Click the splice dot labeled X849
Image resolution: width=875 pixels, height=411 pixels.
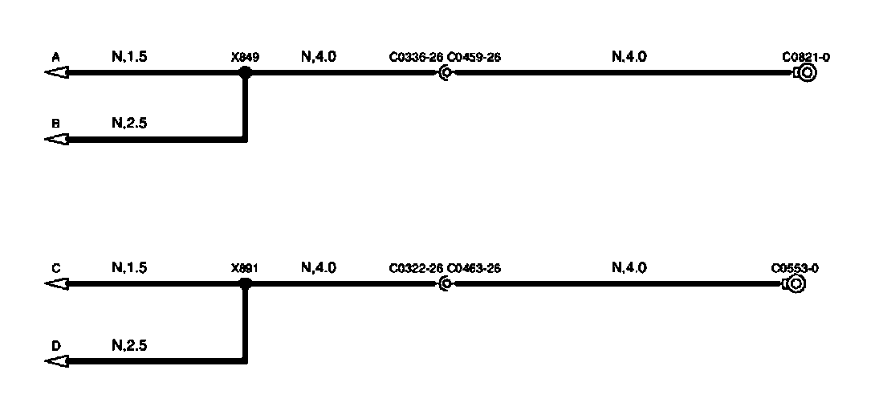[246, 73]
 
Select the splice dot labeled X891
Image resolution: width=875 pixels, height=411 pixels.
[246, 283]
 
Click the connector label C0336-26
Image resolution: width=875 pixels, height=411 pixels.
[416, 58]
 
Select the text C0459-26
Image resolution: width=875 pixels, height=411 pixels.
[474, 58]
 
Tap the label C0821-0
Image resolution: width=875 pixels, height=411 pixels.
[806, 58]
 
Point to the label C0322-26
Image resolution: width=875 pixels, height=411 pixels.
[416, 268]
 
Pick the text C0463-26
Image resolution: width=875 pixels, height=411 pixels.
[474, 268]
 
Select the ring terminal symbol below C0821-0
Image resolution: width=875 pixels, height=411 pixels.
[806, 73]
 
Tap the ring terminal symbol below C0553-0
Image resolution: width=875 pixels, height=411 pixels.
[795, 283]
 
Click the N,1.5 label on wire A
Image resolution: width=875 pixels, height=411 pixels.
[129, 57]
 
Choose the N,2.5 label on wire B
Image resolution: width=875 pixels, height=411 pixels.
[129, 124]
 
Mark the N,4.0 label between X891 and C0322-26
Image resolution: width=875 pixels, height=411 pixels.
[319, 267]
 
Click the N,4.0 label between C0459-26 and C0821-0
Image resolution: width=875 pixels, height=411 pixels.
[629, 57]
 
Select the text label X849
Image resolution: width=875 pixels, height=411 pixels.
[245, 58]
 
